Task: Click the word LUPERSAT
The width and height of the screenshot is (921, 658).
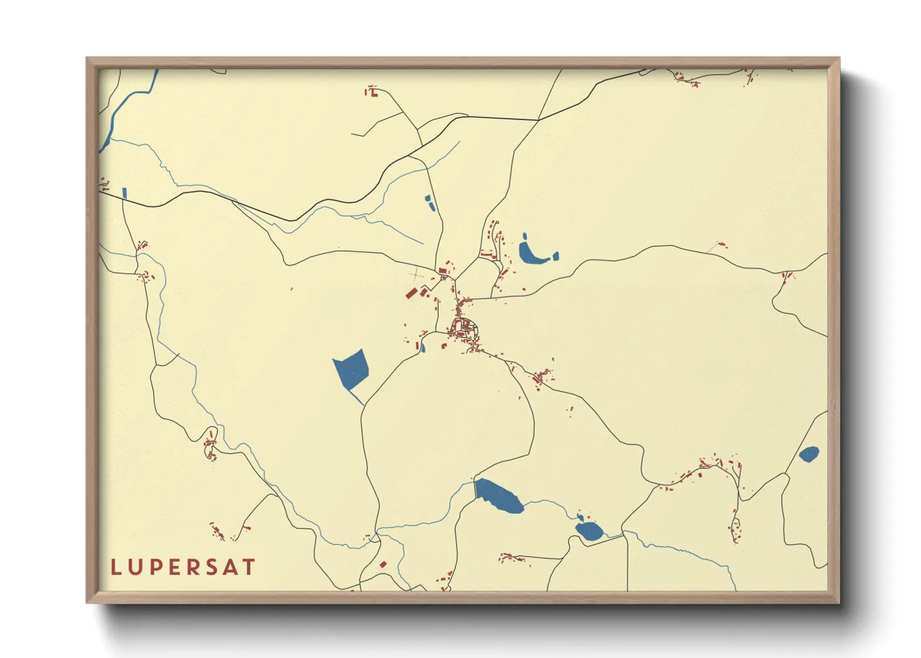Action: [183, 567]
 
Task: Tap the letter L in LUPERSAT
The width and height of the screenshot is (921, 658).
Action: [115, 567]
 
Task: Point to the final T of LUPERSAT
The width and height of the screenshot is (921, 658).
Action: [249, 567]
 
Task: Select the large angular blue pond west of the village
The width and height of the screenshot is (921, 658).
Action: [352, 368]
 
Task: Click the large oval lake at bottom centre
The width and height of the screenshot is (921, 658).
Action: [499, 495]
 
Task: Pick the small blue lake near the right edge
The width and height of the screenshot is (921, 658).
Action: [808, 454]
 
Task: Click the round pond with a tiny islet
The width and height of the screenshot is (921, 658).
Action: [588, 530]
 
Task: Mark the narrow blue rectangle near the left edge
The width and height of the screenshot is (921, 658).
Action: [124, 193]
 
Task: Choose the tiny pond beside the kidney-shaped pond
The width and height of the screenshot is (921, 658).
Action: [556, 255]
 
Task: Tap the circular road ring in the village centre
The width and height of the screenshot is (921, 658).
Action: [464, 327]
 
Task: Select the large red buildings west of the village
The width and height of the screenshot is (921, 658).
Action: [415, 292]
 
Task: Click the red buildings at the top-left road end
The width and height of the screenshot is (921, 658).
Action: [372, 92]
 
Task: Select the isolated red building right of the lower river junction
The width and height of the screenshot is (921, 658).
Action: [383, 564]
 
